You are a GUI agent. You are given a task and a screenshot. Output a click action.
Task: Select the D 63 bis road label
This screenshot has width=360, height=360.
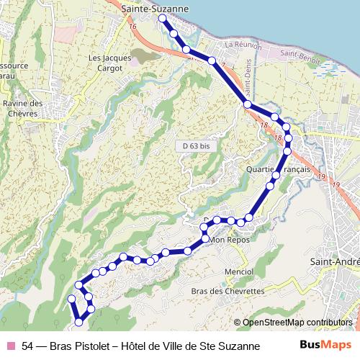pyautogui.click(x=196, y=145)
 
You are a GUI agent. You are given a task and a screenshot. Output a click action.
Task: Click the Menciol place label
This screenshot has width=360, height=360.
pyautogui.click(x=239, y=271)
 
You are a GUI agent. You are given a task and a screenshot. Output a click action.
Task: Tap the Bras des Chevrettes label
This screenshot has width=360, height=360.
pyautogui.click(x=228, y=291)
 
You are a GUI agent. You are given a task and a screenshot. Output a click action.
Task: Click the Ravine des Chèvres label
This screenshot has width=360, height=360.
pyautogui.click(x=23, y=108)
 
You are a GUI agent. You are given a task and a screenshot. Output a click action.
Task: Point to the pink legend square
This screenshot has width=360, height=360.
pyautogui.click(x=10, y=346)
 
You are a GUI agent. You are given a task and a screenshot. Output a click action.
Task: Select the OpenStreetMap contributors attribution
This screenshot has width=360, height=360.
pyautogui.click(x=297, y=322)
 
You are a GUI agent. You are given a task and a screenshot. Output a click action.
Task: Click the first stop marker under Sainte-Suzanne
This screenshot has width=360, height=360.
pyautogui.click(x=163, y=18)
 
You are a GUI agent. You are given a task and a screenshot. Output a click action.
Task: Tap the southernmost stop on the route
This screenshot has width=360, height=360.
pyautogui.click(x=78, y=321)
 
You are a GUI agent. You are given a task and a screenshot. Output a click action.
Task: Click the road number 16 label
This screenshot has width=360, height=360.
pyautogui.click(x=132, y=26)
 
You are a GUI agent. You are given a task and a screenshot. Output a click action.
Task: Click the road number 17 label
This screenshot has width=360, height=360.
pyautogui.click(x=222, y=66)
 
